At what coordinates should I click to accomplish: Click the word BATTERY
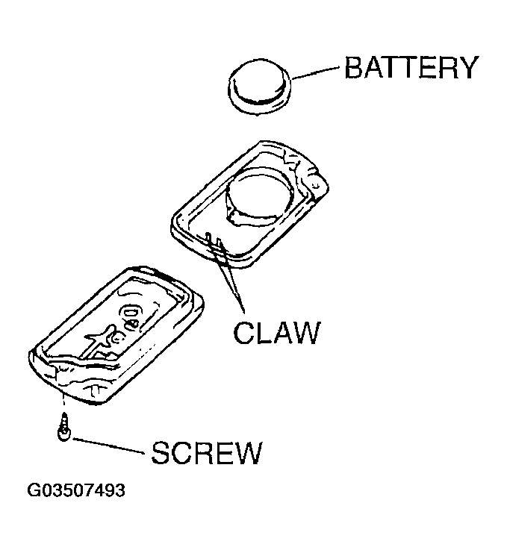coord(410,68)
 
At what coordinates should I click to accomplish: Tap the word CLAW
coord(276,332)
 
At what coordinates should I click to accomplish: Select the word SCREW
coord(207,452)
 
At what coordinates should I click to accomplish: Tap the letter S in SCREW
coord(162,452)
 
